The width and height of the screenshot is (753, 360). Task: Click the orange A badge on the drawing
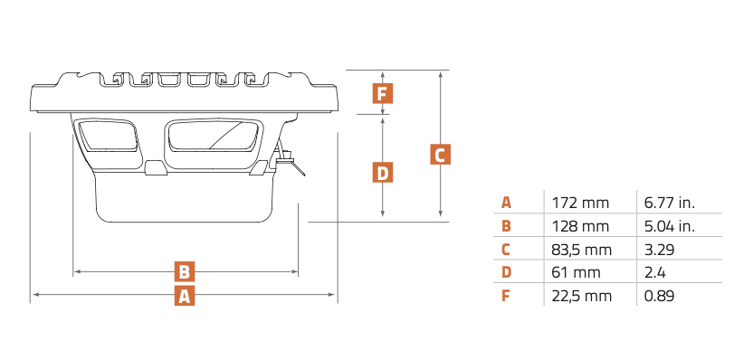tap(185, 296)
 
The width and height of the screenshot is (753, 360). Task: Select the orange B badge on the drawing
tap(185, 271)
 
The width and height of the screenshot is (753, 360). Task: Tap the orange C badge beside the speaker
tap(440, 154)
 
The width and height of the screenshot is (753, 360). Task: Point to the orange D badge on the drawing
tap(382, 173)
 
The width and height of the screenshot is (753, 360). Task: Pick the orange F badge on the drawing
tap(382, 93)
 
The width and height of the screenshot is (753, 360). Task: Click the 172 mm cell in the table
tap(580, 203)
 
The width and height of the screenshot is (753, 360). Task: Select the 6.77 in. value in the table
tap(670, 203)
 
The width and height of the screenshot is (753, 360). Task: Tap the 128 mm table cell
tap(580, 226)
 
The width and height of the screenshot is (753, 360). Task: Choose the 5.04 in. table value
tap(670, 226)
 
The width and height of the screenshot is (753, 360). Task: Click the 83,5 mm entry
tap(582, 250)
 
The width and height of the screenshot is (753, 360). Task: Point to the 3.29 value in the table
tap(659, 250)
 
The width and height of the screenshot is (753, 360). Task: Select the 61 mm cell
tap(577, 272)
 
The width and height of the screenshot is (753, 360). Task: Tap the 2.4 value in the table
tap(654, 272)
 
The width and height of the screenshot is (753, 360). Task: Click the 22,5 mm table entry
tap(582, 296)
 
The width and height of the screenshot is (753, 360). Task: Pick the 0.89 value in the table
tap(659, 296)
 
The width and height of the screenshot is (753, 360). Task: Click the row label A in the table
tap(506, 203)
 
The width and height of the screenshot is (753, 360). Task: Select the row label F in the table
tap(505, 296)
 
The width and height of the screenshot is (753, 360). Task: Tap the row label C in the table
tap(506, 250)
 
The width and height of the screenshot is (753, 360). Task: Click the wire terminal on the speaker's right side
tap(290, 160)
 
